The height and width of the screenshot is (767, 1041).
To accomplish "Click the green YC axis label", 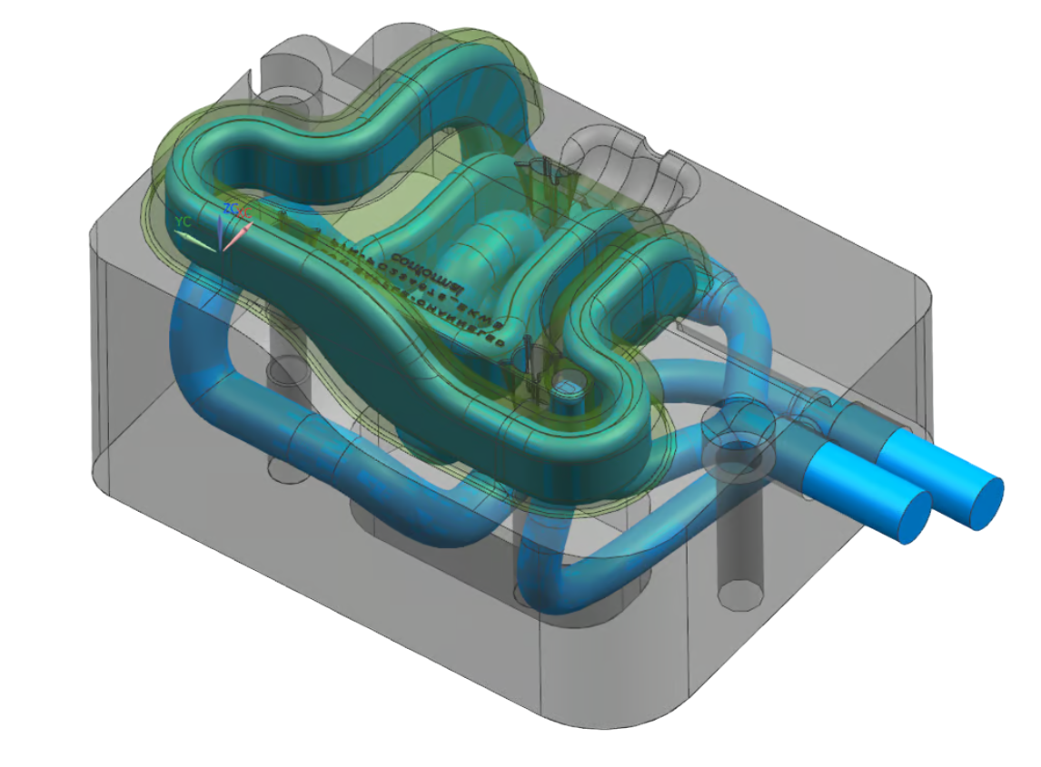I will coord(183,221).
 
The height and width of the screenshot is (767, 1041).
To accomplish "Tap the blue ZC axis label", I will coord(230,209).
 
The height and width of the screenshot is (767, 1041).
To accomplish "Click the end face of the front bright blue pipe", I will coord(914,517).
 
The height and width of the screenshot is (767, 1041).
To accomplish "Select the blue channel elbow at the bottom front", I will coord(545,581).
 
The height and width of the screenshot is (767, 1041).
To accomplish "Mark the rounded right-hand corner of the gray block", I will coord(917,300).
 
